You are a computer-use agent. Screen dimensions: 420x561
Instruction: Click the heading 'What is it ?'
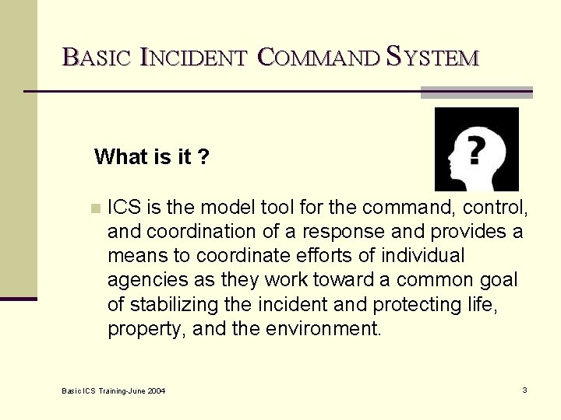pos(151,157)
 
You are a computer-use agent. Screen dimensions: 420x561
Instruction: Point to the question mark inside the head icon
pos(475,149)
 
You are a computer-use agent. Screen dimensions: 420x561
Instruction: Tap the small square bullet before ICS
pos(95,208)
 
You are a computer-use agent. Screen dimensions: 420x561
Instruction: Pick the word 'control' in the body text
pos(498,208)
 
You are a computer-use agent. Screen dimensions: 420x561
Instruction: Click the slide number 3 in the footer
pos(524,390)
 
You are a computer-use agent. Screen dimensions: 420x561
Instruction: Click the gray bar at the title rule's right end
pos(476,93)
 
